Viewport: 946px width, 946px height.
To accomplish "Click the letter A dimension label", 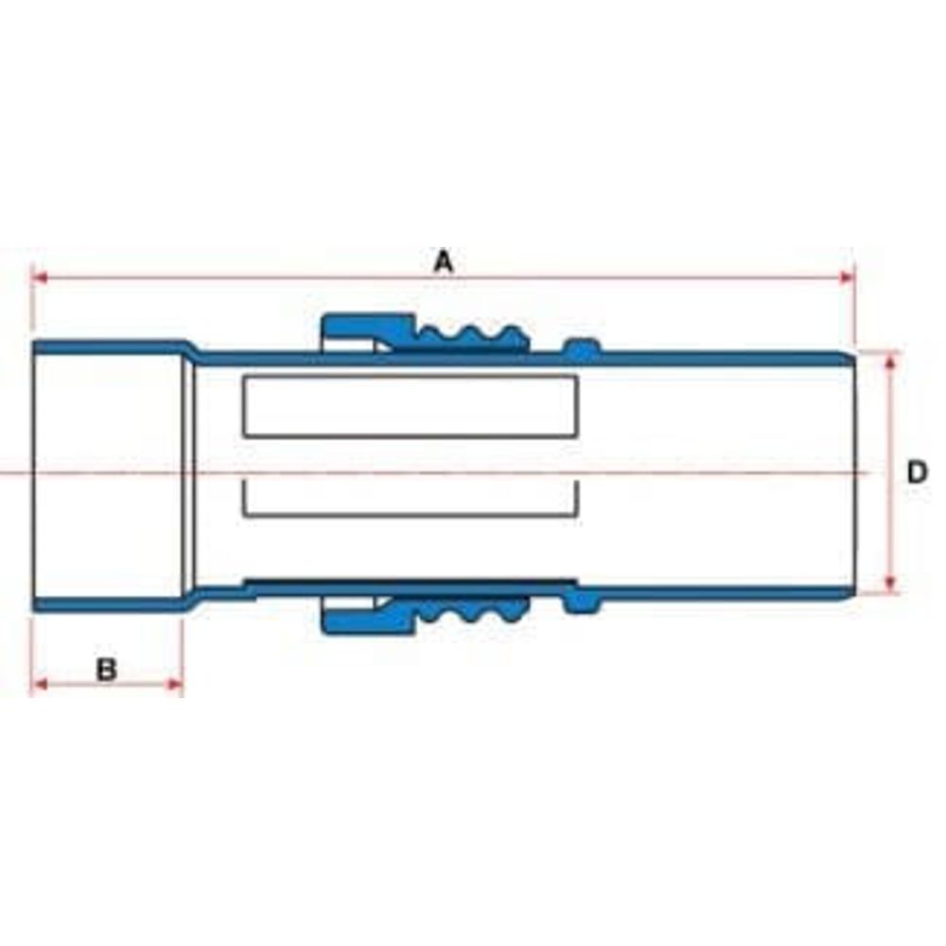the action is (444, 262).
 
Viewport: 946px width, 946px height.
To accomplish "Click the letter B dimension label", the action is (107, 670).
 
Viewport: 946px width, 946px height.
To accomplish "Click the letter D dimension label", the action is (917, 472).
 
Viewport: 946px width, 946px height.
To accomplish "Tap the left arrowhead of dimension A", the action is (39, 277).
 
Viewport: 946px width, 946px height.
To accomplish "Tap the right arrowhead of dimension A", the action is (847, 277).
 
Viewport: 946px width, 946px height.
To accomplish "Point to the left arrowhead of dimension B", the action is (39, 684).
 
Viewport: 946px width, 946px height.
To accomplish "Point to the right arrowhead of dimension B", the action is (175, 684).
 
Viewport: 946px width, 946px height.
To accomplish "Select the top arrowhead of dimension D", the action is (891, 361).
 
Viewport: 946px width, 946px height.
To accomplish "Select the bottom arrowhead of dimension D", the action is (891, 584).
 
